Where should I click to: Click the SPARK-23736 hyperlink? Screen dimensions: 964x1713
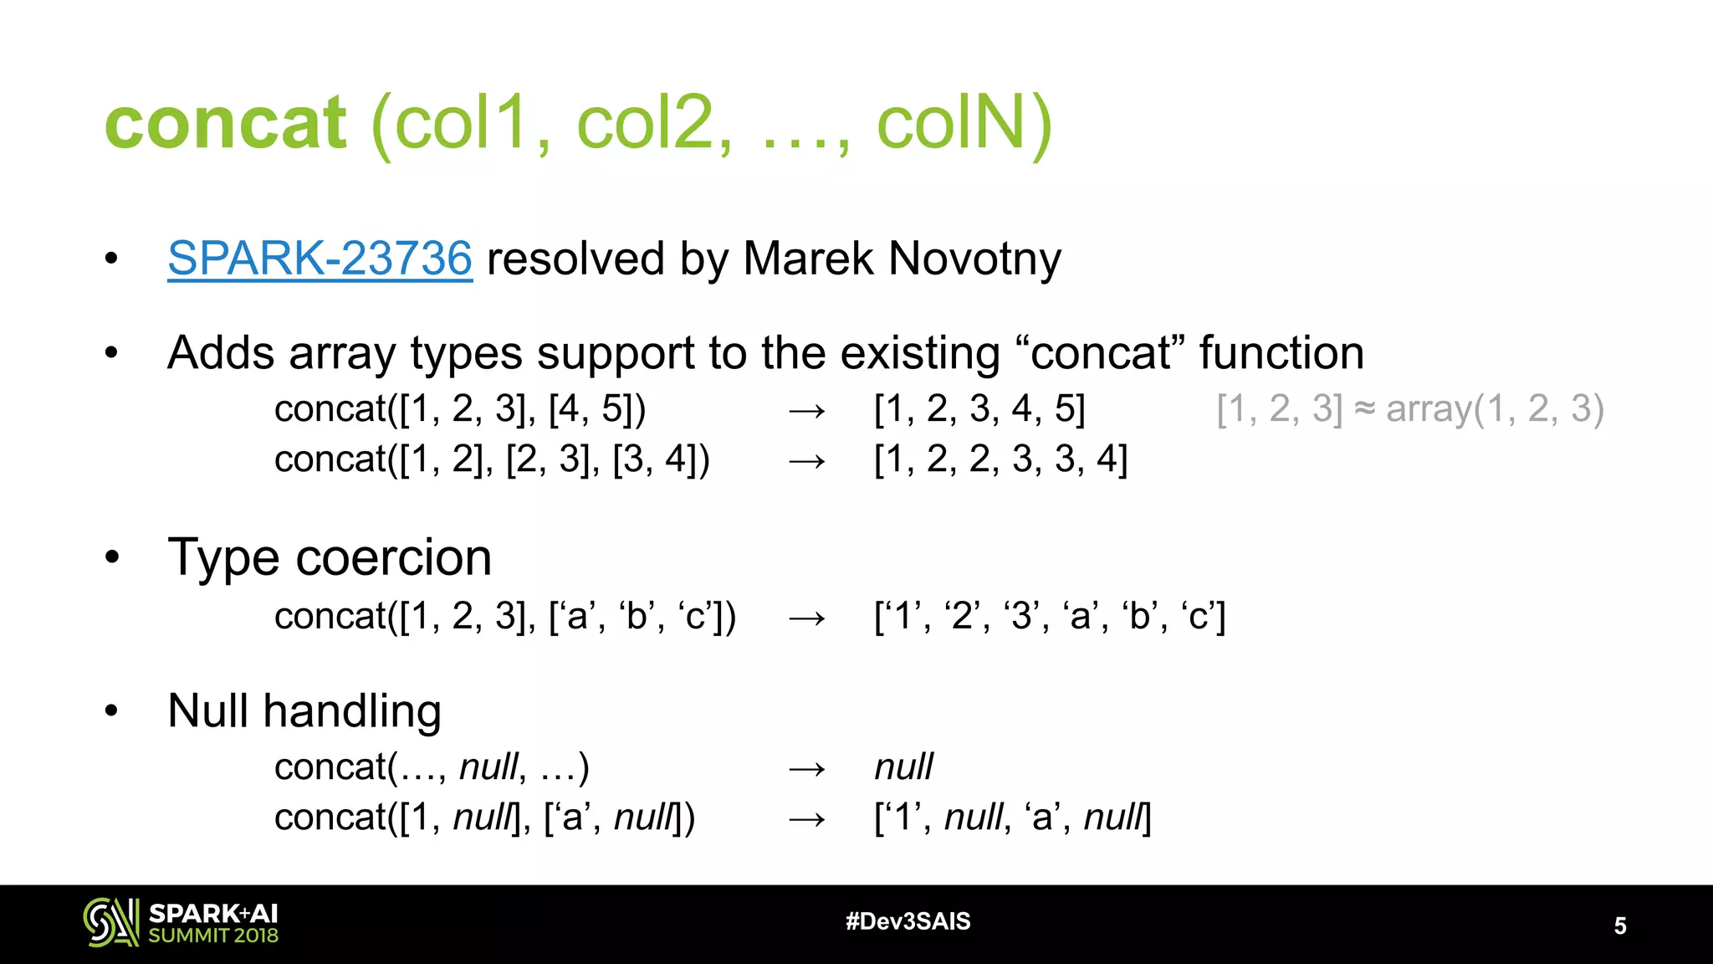tap(320, 258)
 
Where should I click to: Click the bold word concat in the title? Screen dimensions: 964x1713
tap(225, 123)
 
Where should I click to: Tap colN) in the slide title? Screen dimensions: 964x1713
tap(964, 123)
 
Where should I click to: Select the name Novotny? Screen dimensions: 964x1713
tap(974, 258)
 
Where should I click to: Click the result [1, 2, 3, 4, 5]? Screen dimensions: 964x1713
tap(979, 409)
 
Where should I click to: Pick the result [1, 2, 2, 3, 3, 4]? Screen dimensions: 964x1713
tap(1000, 459)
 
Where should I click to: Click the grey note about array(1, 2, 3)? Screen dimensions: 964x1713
tap(1409, 409)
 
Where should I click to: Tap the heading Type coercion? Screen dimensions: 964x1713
tap(330, 557)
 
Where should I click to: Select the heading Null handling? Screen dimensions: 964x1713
tap(304, 711)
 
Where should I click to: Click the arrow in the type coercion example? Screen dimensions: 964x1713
tap(806, 618)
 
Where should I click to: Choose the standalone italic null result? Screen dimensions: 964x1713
tap(903, 767)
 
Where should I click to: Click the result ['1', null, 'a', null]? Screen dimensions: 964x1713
tap(1012, 818)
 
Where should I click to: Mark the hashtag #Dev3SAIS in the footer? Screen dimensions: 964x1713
tap(908, 921)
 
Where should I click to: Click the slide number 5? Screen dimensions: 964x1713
tap(1620, 926)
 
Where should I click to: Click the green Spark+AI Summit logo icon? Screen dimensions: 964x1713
tap(110, 922)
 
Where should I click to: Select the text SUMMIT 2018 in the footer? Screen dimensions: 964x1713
tap(213, 936)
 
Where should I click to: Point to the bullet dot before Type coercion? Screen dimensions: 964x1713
tap(112, 557)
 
